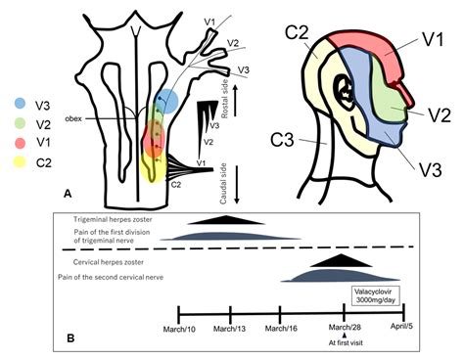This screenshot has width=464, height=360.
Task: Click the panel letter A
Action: [x=67, y=194]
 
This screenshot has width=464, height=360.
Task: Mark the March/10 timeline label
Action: [x=183, y=329]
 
